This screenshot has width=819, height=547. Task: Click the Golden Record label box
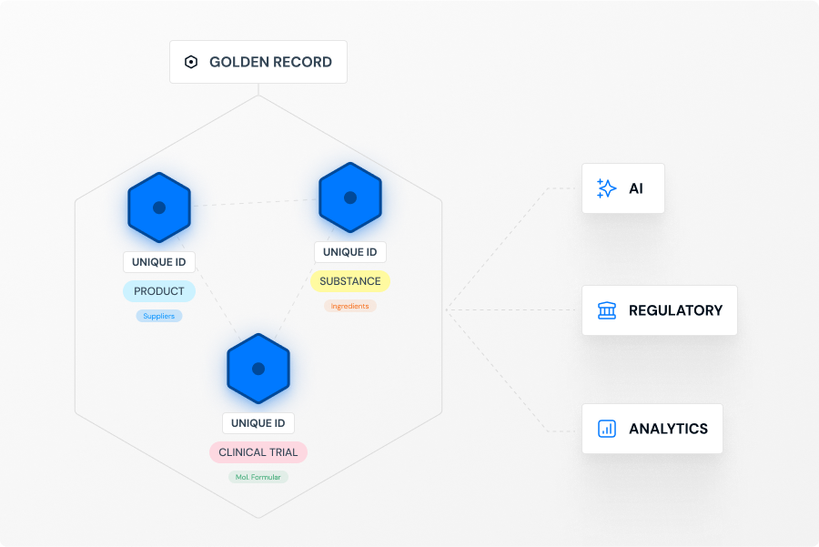click(x=258, y=62)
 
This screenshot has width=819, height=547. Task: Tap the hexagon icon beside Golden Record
click(x=191, y=62)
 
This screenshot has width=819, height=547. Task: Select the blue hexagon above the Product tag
click(x=159, y=208)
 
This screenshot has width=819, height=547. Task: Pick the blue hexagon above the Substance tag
click(x=350, y=198)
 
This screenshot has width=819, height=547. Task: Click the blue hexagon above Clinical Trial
click(x=258, y=369)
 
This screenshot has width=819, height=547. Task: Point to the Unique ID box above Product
click(x=159, y=262)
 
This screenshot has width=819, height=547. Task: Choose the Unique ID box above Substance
click(x=350, y=252)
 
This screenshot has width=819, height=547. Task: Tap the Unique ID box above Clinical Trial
click(x=258, y=423)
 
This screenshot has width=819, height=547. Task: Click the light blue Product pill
click(x=159, y=291)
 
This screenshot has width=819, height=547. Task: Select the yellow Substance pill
click(x=350, y=281)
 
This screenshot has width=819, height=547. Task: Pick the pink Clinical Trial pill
click(x=258, y=452)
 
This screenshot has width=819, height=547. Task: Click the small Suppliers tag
click(x=159, y=316)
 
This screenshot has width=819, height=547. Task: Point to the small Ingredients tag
click(x=350, y=306)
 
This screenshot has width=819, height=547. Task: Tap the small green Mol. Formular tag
click(x=258, y=477)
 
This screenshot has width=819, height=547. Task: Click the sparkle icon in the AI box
click(x=606, y=188)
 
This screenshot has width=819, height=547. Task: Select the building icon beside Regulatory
click(x=606, y=310)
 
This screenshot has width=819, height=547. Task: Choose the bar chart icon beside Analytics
click(x=606, y=429)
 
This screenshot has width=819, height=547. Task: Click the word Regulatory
click(x=675, y=310)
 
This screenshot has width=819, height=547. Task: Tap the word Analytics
click(x=668, y=429)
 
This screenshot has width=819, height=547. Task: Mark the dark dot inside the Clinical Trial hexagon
click(x=258, y=369)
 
